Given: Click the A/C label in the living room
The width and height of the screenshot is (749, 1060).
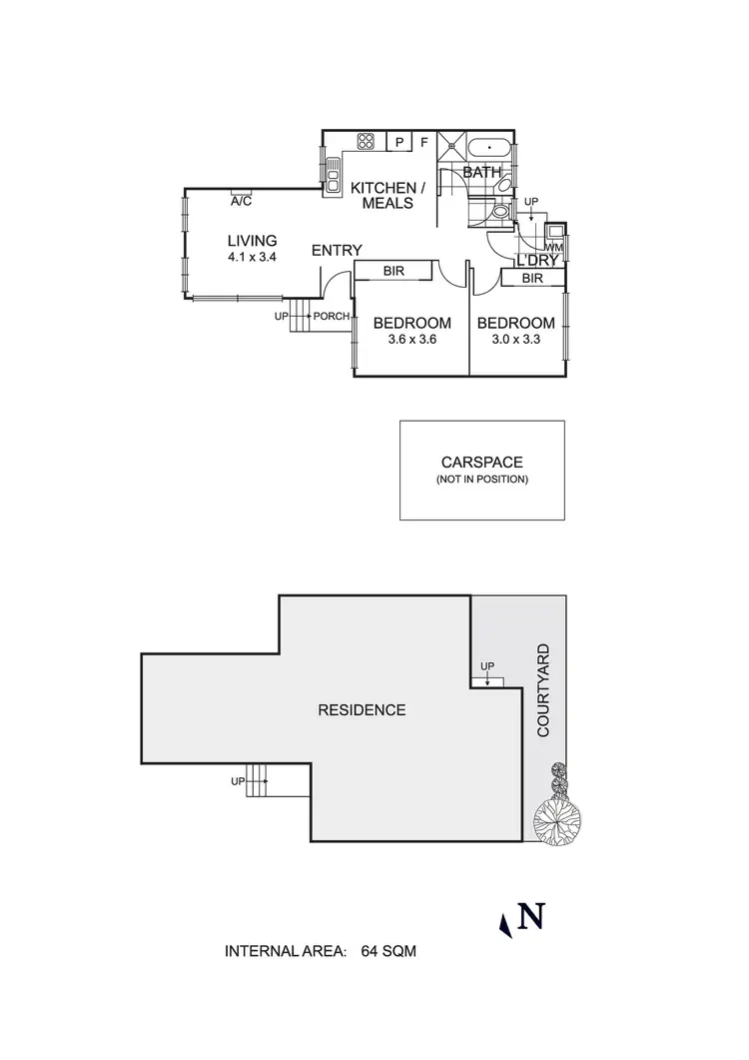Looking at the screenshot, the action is click(x=241, y=201).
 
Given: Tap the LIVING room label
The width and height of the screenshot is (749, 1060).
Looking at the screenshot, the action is click(x=252, y=241).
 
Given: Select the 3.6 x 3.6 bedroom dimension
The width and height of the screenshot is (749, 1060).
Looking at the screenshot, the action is click(x=411, y=340).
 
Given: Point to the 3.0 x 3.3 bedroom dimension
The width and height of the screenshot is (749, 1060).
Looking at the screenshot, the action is click(x=515, y=340).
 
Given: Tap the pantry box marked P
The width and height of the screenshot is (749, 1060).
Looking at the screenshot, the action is click(x=398, y=142).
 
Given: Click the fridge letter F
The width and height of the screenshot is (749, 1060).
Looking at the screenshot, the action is click(x=423, y=142).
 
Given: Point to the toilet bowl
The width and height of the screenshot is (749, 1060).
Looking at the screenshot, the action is click(x=498, y=212).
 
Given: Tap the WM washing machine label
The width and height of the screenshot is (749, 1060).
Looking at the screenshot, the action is click(x=553, y=247).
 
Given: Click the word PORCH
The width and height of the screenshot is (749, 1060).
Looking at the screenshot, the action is click(x=332, y=318).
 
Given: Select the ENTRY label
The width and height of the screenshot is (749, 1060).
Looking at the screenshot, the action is click(x=337, y=250).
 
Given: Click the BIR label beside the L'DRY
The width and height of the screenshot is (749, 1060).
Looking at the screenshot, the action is click(x=532, y=279).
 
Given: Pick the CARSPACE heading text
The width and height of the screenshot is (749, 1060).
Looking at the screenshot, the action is click(x=481, y=462).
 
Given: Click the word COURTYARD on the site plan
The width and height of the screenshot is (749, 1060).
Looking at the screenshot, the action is click(x=543, y=690).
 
